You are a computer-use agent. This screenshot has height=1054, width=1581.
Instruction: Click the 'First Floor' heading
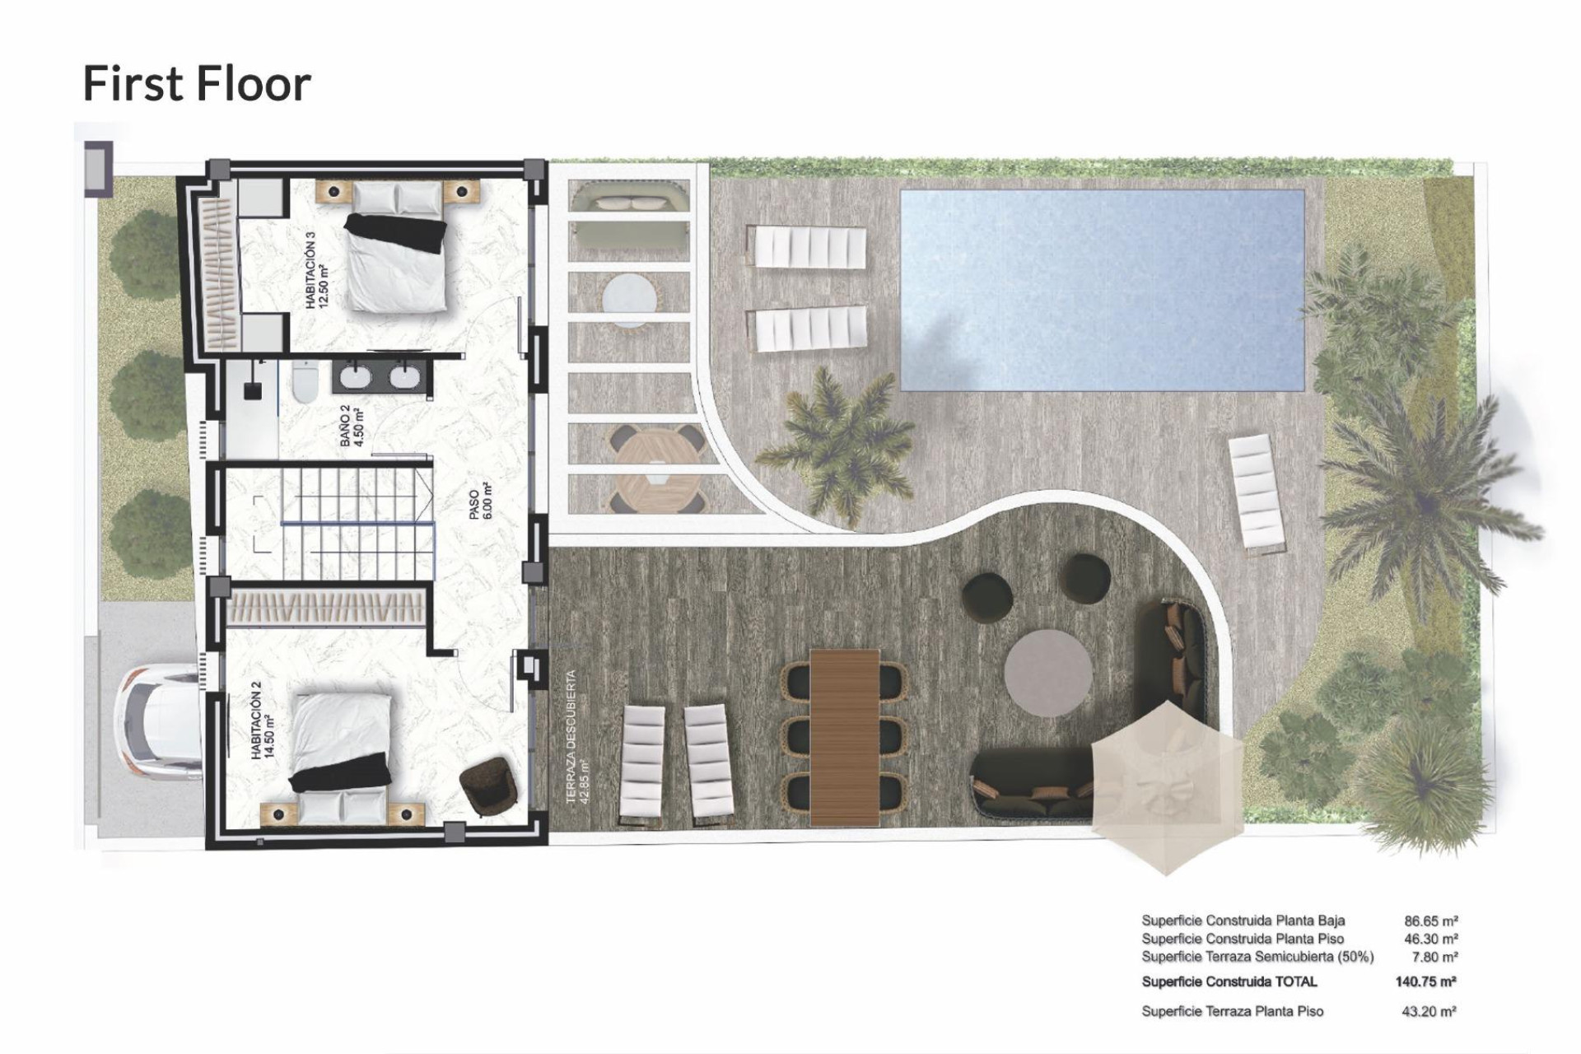click(x=197, y=84)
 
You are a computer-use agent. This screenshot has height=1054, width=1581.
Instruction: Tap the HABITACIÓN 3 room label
click(x=316, y=270)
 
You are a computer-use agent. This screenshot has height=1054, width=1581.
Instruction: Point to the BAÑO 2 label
click(x=351, y=426)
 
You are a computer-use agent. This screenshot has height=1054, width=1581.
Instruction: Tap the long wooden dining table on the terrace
click(x=844, y=736)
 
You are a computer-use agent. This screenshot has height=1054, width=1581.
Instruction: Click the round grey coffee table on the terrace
click(x=1048, y=673)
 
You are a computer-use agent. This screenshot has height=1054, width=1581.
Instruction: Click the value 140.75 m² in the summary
click(x=1425, y=982)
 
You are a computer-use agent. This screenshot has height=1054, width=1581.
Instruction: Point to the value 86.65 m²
click(x=1431, y=921)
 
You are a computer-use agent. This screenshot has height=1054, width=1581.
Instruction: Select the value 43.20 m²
click(x=1429, y=1011)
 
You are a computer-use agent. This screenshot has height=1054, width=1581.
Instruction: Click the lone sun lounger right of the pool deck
click(x=1257, y=492)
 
